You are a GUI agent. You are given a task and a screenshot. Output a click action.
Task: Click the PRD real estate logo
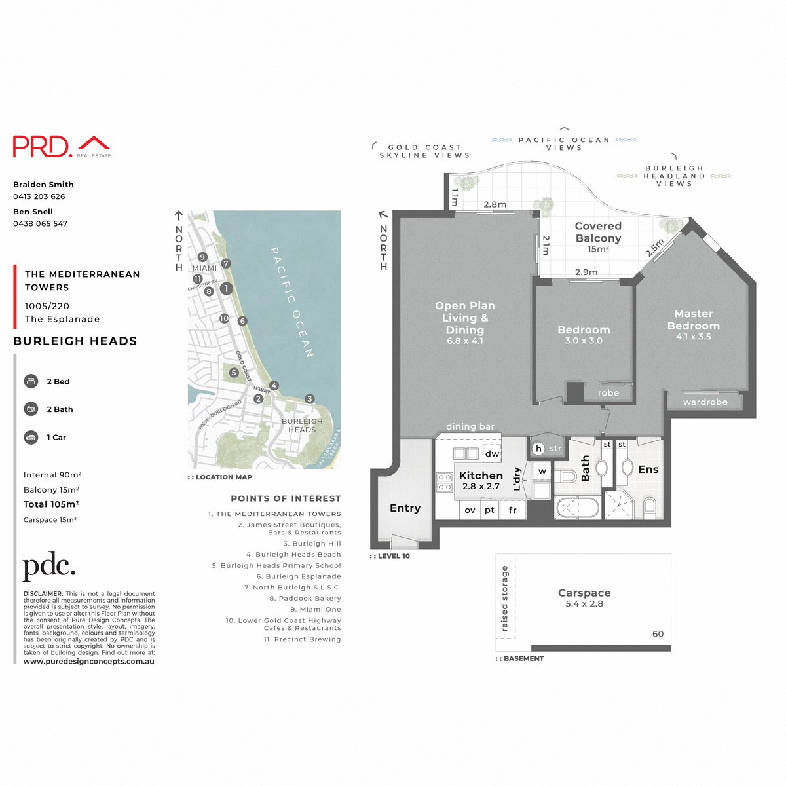click(62, 146)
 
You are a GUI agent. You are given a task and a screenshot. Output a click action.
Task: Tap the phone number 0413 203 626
click(39, 196)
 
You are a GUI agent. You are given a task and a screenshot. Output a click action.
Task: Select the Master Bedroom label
click(694, 320)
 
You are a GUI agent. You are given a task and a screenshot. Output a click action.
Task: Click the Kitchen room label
click(481, 476)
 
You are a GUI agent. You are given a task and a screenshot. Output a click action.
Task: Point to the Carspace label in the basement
click(584, 593)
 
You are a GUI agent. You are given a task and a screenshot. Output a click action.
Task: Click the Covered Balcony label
click(598, 233)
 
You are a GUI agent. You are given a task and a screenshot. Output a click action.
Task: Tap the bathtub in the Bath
click(577, 508)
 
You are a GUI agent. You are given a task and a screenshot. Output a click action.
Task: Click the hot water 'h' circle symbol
click(538, 449)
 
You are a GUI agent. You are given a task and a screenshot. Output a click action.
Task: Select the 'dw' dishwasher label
click(492, 453)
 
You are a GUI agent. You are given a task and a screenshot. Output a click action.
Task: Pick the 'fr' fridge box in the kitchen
click(513, 510)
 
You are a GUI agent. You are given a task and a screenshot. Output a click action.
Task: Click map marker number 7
click(226, 263)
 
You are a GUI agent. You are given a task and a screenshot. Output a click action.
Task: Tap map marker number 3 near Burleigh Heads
click(310, 399)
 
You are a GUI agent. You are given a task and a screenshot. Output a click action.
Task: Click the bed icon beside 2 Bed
click(31, 381)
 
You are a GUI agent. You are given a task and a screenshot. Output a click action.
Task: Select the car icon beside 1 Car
click(31, 437)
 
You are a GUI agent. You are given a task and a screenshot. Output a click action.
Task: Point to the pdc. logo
click(49, 567)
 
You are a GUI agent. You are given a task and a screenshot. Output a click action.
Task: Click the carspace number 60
click(658, 634)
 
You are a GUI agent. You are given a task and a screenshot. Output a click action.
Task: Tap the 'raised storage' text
click(505, 599)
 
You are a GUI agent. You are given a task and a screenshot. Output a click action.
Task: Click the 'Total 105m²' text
click(51, 504)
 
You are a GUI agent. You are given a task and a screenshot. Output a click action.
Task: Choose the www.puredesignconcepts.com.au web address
click(89, 662)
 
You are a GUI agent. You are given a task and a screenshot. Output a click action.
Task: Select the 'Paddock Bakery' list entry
click(305, 599)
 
